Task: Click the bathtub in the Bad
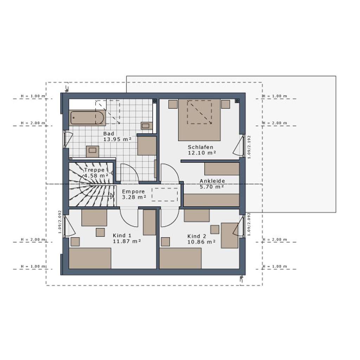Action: coord(87,117)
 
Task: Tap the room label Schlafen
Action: coord(200,147)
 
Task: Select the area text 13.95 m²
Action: coord(117,139)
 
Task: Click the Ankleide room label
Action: coord(212,181)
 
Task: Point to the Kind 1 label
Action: coord(122,235)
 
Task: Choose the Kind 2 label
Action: coord(197,236)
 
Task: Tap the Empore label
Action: coord(133,192)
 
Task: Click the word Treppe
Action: coord(94,170)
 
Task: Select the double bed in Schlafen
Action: coord(199,120)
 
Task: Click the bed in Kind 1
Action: coord(90,258)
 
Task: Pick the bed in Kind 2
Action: coord(180,258)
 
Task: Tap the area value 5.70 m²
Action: coord(212,187)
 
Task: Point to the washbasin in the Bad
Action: coord(146,125)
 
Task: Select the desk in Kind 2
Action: coord(230,235)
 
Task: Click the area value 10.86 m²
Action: coord(201,242)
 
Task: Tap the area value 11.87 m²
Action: coord(127,241)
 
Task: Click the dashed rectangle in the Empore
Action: coord(165,194)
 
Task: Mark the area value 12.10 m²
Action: coord(202,153)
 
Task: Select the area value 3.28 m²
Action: coord(134,197)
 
